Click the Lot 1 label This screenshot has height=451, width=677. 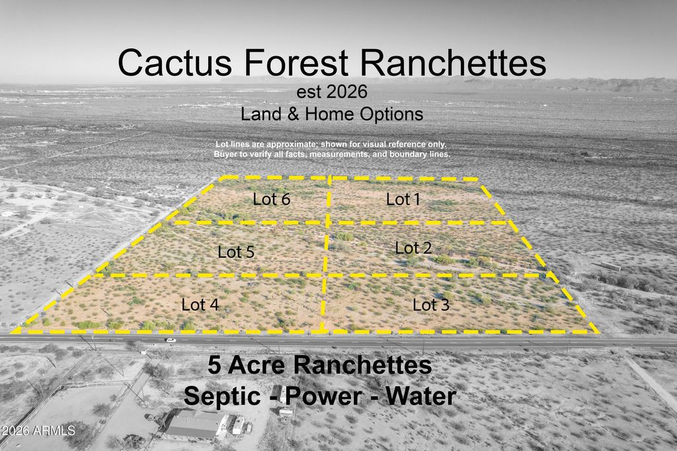[x=403, y=198]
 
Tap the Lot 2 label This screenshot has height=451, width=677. [x=413, y=248]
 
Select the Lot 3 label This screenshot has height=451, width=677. [x=431, y=305]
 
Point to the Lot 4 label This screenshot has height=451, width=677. [x=200, y=304]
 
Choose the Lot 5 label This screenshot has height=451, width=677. [x=236, y=252]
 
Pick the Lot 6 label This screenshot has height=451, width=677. [x=272, y=198]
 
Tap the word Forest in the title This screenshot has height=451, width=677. [x=296, y=63]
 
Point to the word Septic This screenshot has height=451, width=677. [x=224, y=396]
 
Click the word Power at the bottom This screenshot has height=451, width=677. [x=323, y=396]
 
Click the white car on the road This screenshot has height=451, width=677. [x=171, y=340]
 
